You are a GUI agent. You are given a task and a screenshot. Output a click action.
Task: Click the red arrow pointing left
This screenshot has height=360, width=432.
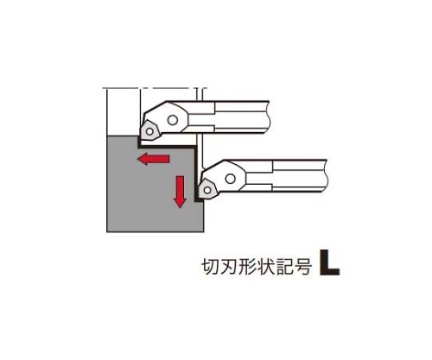pos(153,159)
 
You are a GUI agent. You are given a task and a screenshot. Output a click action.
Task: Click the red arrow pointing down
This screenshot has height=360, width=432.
pos(180,192)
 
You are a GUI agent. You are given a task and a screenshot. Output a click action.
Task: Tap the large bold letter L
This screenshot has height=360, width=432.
pos(330,262)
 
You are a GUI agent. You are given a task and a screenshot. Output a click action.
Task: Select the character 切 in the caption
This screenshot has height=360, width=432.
pos(209,267)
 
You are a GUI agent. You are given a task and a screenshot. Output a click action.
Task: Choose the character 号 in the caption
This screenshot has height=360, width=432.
pos(303,267)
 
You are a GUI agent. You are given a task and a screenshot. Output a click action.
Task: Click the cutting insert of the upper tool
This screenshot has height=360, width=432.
pos(149,131)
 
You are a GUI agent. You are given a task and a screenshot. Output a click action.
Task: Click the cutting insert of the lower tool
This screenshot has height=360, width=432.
pos(206,189)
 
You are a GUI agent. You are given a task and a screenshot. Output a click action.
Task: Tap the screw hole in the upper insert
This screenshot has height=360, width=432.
pos(149,131)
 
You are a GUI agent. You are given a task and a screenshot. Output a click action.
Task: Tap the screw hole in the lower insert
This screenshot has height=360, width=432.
pos(206,190)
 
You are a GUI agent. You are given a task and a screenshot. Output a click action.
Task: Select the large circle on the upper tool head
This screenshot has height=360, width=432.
pos(173,120)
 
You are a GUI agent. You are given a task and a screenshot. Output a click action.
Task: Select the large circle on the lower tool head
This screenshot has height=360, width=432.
pos(230,179)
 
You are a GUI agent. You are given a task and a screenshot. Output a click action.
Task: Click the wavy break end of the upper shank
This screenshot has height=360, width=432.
pos(269,117)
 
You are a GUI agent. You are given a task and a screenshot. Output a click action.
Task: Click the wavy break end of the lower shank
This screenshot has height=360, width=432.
pos(327,175)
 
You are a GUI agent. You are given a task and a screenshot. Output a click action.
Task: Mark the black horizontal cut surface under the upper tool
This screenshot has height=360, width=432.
pos(167,147)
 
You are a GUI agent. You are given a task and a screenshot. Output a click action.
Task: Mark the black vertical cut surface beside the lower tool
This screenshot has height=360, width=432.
pos(196,174)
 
